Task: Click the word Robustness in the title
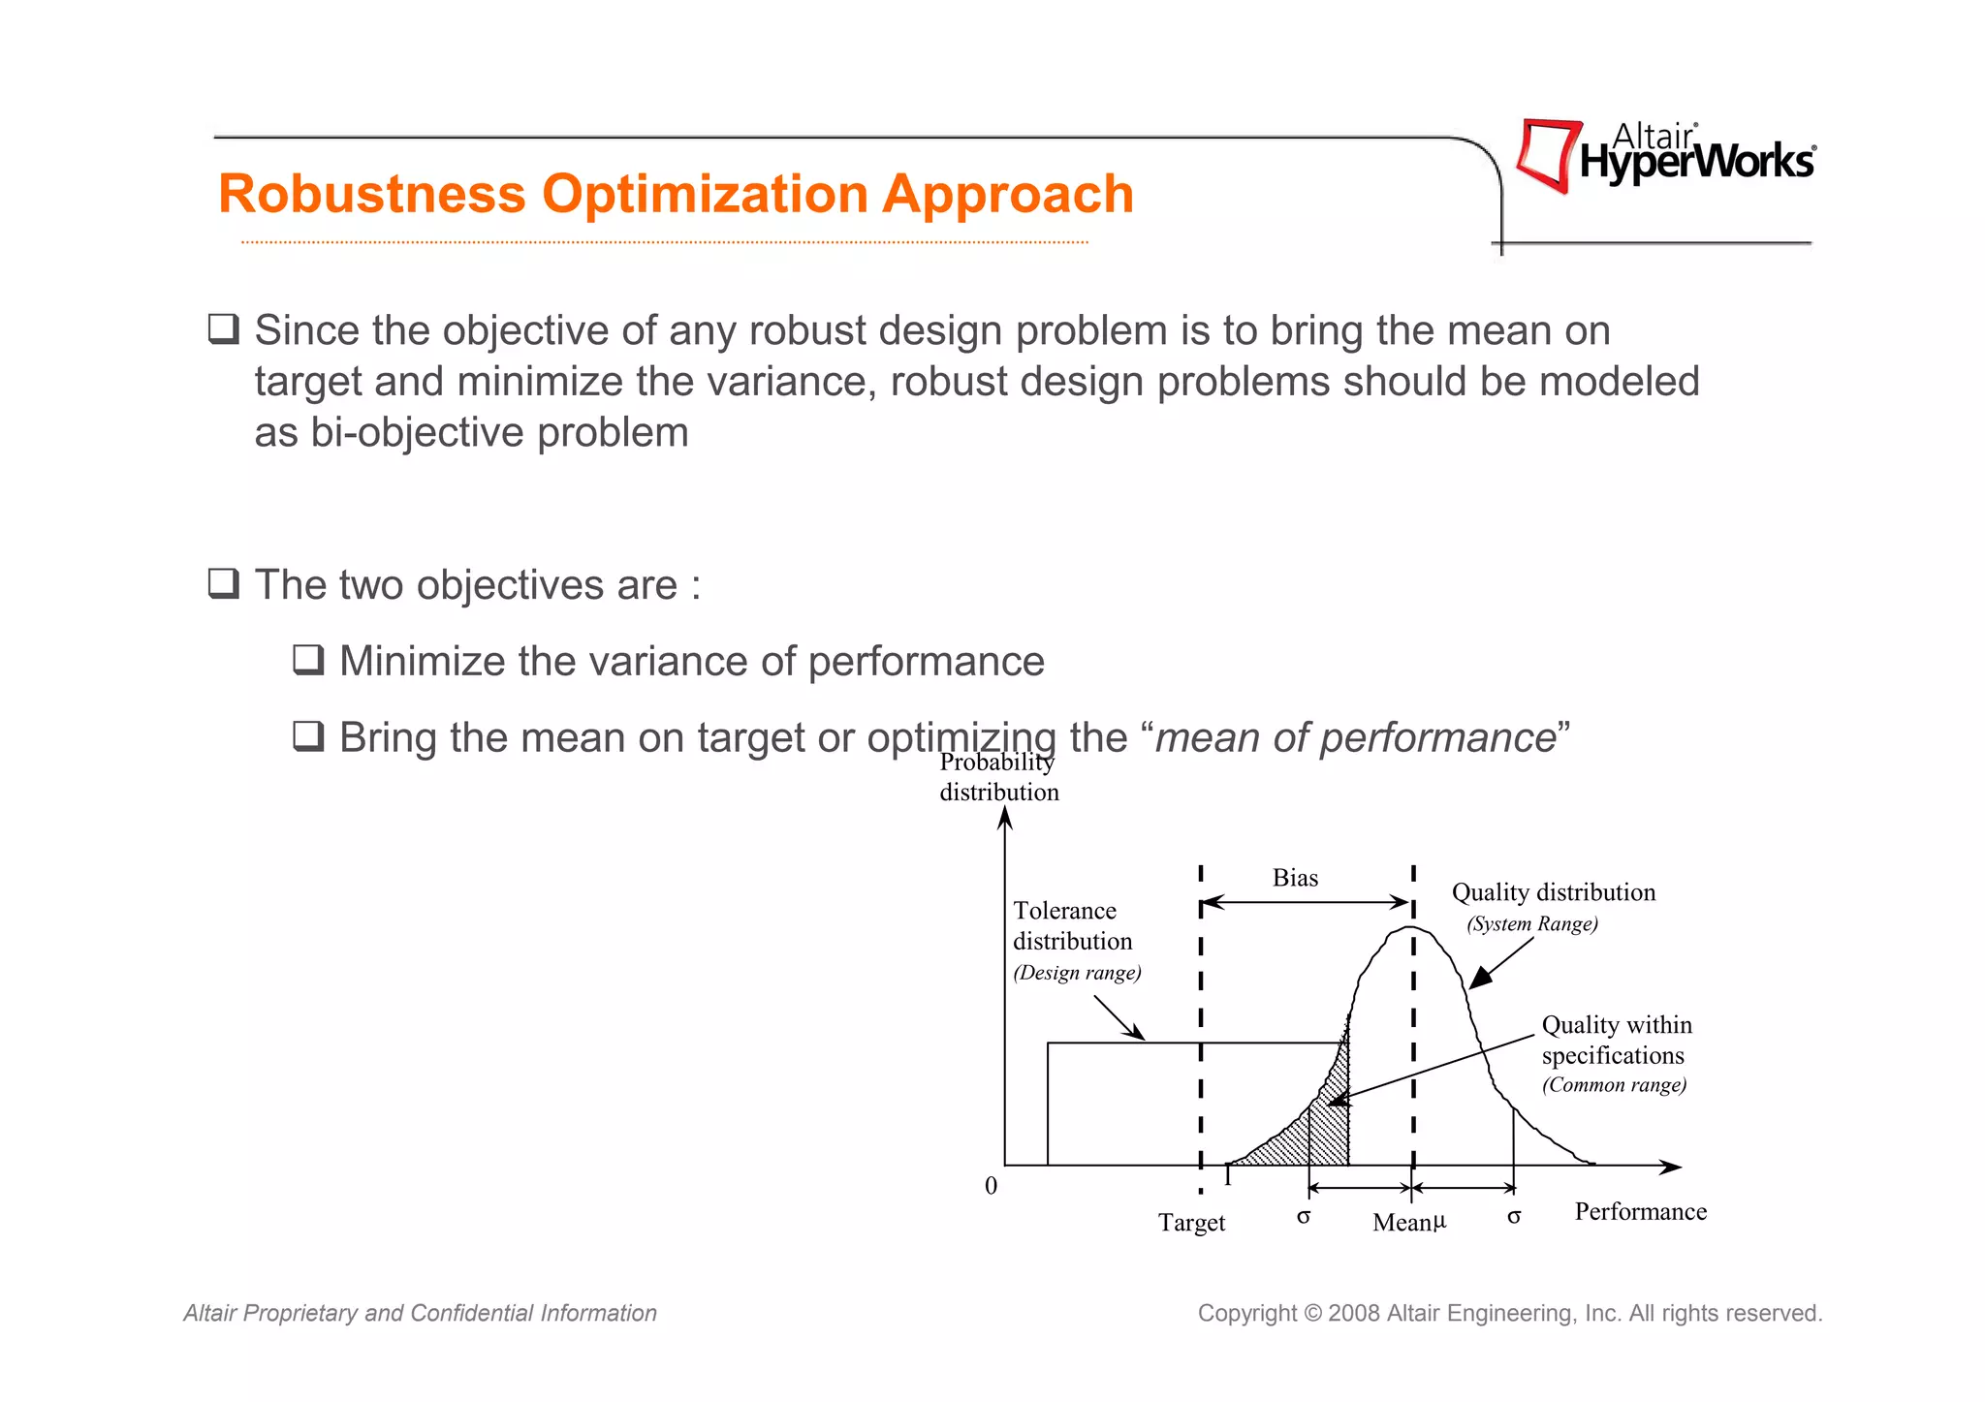click(x=371, y=194)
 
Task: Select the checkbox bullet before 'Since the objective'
click(x=224, y=329)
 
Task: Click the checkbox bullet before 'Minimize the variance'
click(x=308, y=660)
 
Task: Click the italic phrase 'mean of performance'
click(x=1354, y=737)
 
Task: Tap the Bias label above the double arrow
click(x=1295, y=878)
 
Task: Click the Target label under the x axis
click(x=1191, y=1223)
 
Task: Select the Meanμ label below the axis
click(x=1408, y=1222)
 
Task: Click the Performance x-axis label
click(x=1640, y=1212)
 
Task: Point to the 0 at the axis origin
click(x=991, y=1186)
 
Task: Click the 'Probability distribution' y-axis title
click(x=998, y=777)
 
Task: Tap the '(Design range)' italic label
click(x=1077, y=973)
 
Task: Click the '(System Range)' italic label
click(x=1531, y=923)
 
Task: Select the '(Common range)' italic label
click(x=1614, y=1085)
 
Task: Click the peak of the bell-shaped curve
click(x=1410, y=928)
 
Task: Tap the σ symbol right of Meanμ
click(x=1514, y=1217)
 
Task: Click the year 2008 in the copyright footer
click(x=1354, y=1314)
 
